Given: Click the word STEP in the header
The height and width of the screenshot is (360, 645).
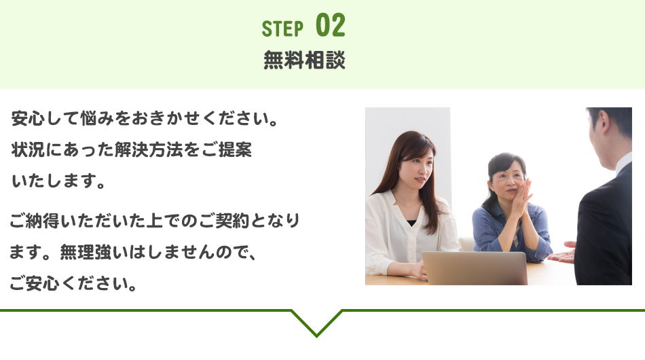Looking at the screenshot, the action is point(282,29).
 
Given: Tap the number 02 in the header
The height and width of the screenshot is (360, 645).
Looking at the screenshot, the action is point(331,26).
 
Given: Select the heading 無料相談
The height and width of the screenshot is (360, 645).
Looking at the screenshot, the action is point(304,60).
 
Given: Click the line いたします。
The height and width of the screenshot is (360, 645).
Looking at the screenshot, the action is point(58,181).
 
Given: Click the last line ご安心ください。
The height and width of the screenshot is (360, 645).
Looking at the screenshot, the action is point(73,283).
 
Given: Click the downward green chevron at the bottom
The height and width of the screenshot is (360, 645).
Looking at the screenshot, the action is point(317,323).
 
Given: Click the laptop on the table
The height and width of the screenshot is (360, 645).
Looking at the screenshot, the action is point(475,268).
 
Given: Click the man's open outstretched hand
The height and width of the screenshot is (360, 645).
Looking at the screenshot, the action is point(561,253).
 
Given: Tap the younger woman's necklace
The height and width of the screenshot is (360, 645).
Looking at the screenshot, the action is point(407,205).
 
